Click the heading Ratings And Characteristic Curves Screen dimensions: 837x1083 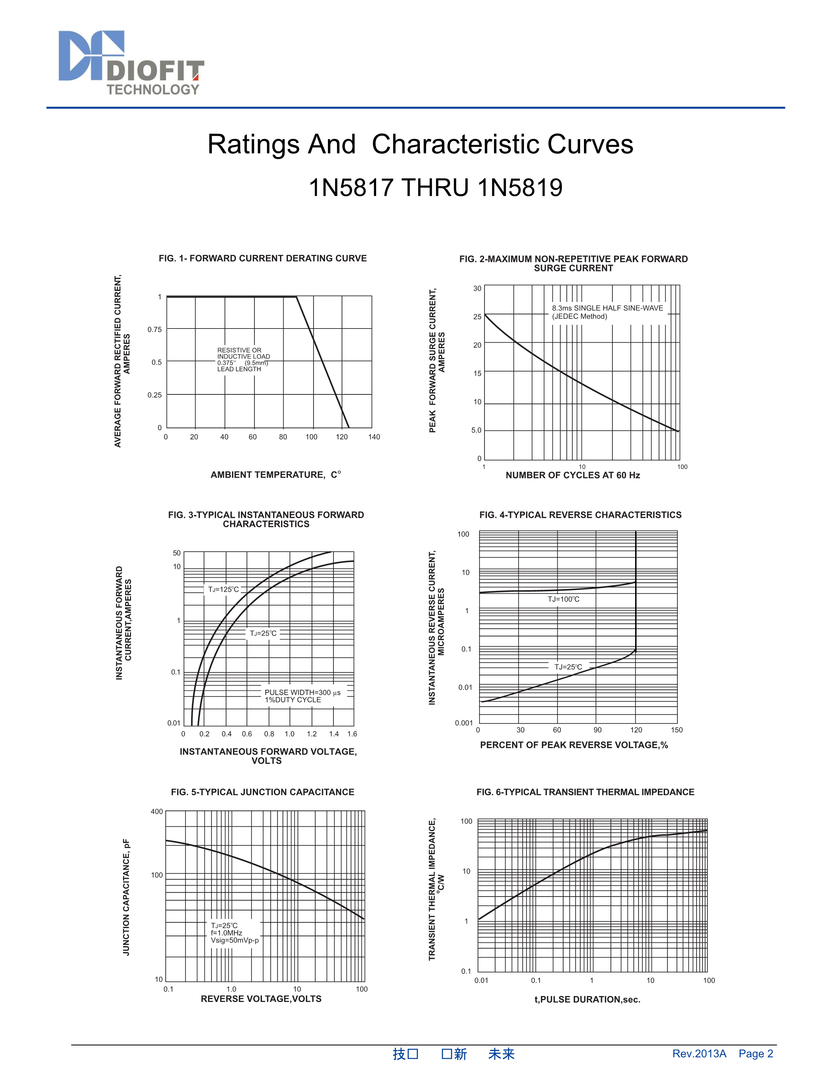(x=420, y=144)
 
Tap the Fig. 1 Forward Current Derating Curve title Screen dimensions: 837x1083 (x=263, y=258)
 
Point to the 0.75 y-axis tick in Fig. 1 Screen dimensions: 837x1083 (x=155, y=329)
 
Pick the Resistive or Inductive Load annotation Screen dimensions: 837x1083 (x=244, y=359)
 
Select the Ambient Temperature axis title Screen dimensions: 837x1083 (x=276, y=475)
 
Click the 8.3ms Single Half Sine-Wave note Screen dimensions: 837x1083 (x=608, y=312)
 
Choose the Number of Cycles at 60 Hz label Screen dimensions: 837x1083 (x=573, y=475)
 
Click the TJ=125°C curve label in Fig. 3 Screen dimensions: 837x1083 (x=224, y=590)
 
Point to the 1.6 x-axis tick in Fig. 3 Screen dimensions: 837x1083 (x=352, y=734)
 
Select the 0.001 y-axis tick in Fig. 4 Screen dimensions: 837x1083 (x=464, y=723)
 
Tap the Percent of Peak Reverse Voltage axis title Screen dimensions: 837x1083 (x=574, y=745)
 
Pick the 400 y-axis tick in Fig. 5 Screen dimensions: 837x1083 (x=157, y=812)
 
